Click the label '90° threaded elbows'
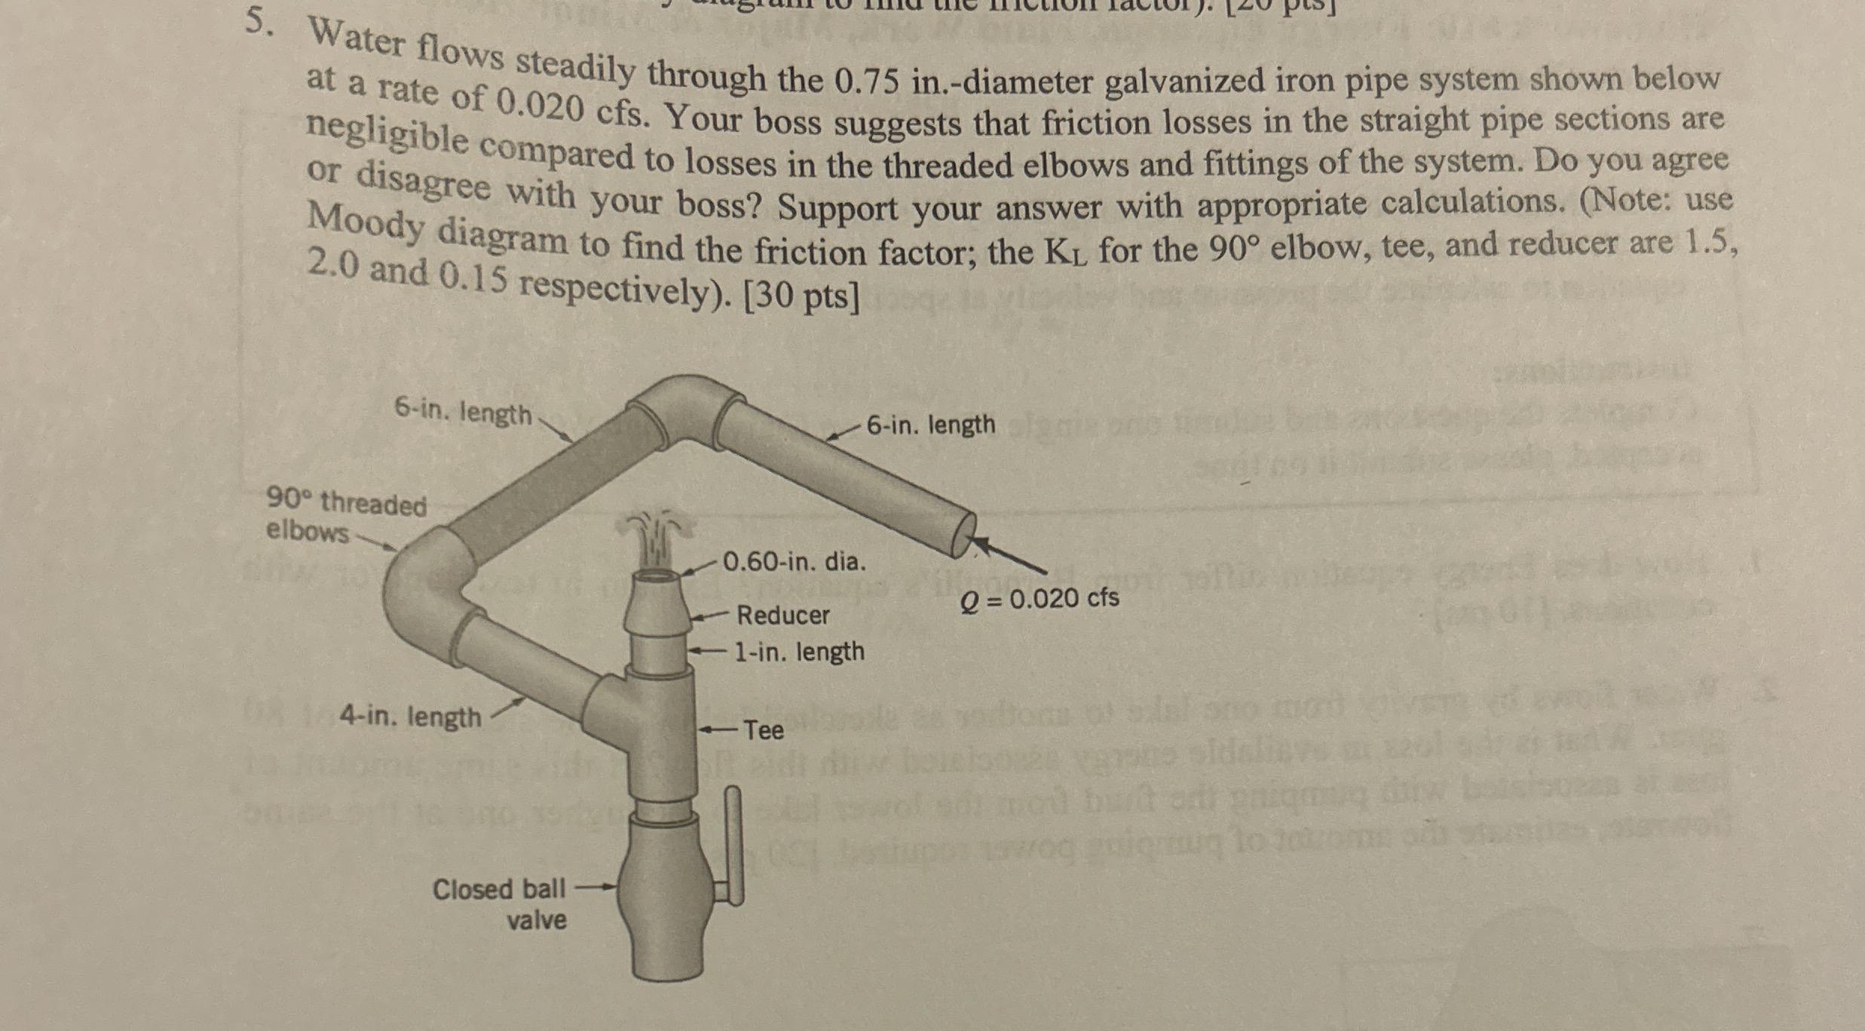coord(346,517)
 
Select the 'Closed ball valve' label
coord(499,904)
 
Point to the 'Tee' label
coord(764,730)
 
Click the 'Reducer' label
coord(782,615)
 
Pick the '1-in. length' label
coord(799,651)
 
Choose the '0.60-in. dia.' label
coord(795,562)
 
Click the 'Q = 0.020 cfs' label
coord(1040,599)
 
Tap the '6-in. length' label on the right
coord(930,425)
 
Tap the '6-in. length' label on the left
coord(463,413)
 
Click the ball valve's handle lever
coord(733,845)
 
